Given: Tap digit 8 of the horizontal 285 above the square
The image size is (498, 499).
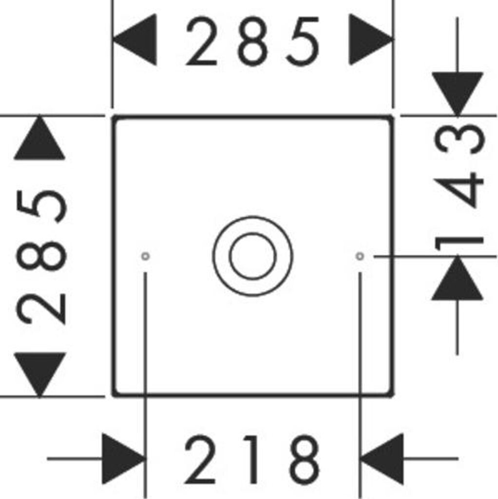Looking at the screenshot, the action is [252, 41].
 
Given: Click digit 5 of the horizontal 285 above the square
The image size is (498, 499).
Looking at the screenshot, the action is [303, 41].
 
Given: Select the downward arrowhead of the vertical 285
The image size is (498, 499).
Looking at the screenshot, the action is [39, 373].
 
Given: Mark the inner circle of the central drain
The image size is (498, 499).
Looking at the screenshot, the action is [253, 256].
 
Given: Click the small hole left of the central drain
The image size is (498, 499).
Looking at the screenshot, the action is [145, 256].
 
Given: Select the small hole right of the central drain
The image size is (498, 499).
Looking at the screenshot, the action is [360, 256].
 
